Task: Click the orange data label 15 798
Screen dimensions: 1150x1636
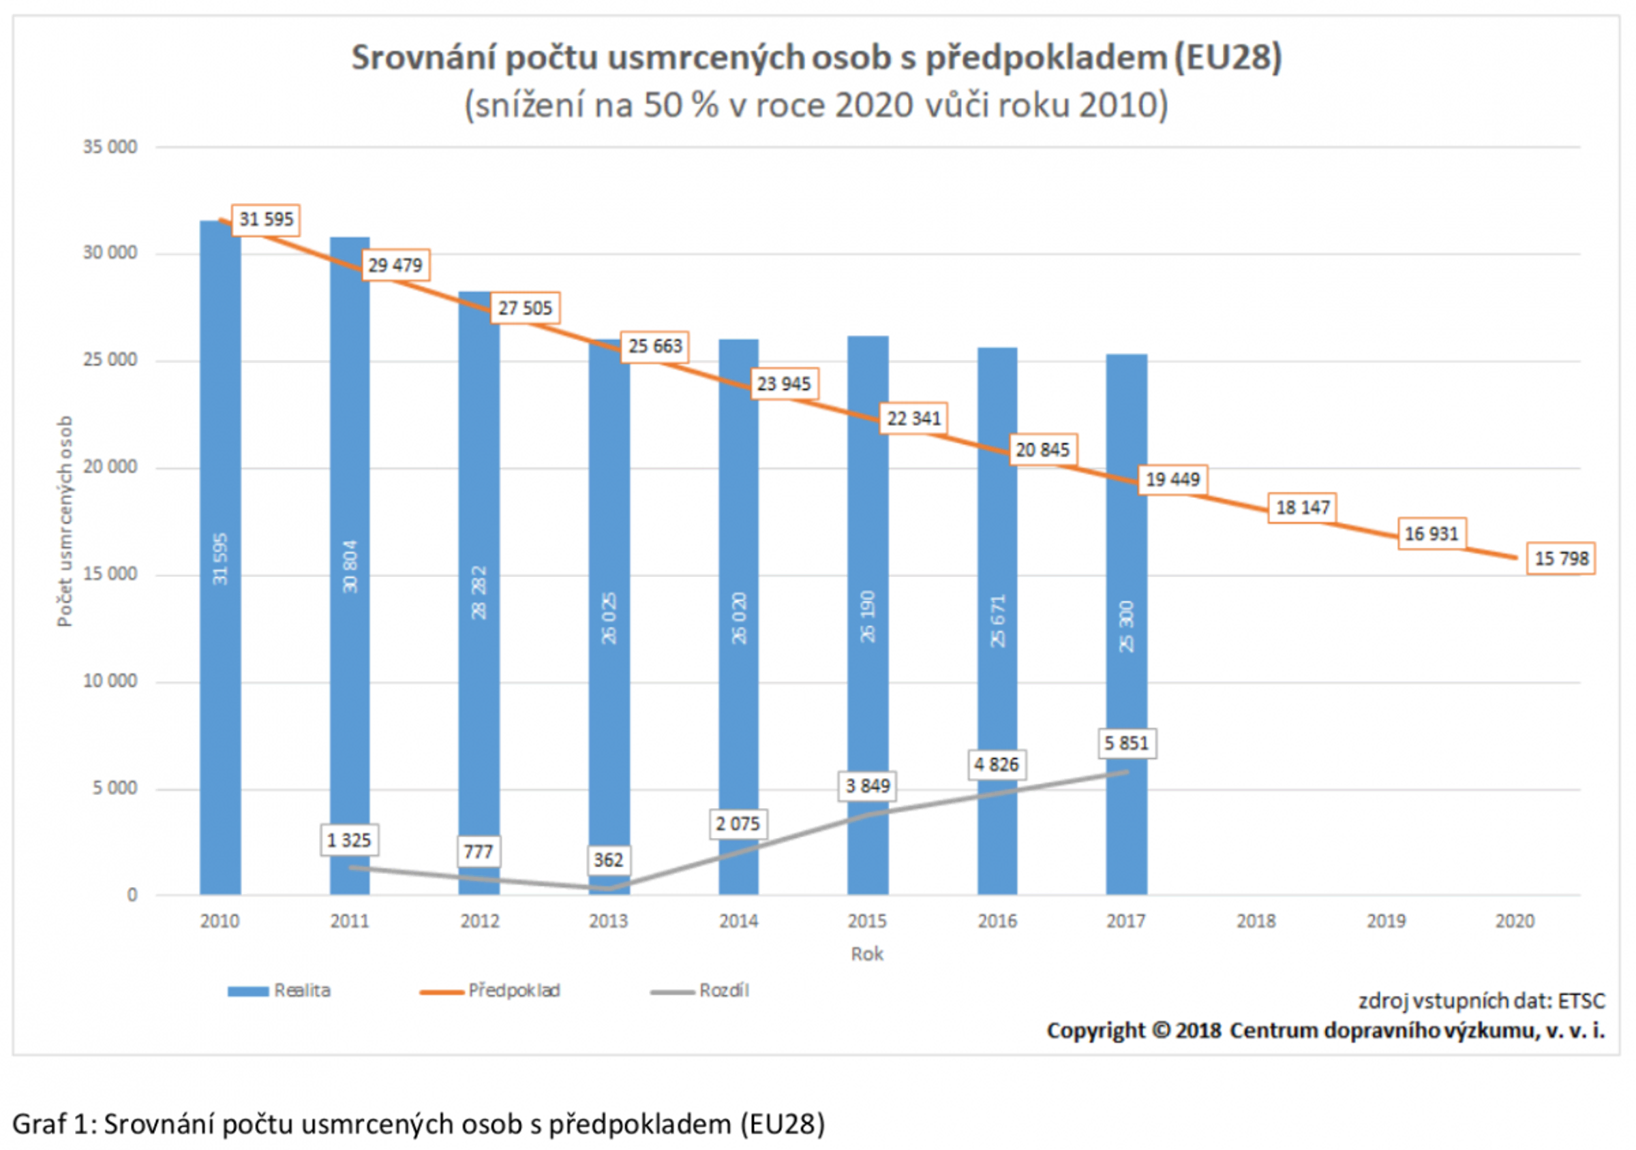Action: click(x=1560, y=558)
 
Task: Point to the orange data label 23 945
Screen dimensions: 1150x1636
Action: click(x=784, y=384)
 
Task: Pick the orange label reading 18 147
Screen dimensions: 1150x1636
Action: click(x=1303, y=508)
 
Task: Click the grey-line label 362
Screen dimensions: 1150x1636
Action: click(x=609, y=860)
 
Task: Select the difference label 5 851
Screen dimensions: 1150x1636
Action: click(x=1127, y=743)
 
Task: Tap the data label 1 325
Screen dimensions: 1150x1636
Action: click(x=349, y=840)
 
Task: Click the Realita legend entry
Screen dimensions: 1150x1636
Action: click(x=301, y=991)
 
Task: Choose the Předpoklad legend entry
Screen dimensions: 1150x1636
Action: click(x=513, y=991)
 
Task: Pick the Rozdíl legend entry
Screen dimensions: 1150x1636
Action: click(x=723, y=991)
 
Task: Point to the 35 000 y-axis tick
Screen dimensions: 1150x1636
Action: click(x=110, y=146)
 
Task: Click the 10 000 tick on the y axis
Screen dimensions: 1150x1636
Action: click(x=110, y=681)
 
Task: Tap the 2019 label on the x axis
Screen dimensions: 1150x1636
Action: click(x=1386, y=920)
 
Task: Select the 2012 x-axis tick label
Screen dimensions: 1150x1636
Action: click(x=479, y=920)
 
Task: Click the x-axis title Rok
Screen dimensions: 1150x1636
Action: click(x=866, y=954)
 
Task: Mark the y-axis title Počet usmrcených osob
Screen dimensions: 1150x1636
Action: click(x=65, y=521)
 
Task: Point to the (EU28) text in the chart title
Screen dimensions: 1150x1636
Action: click(x=1228, y=57)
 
